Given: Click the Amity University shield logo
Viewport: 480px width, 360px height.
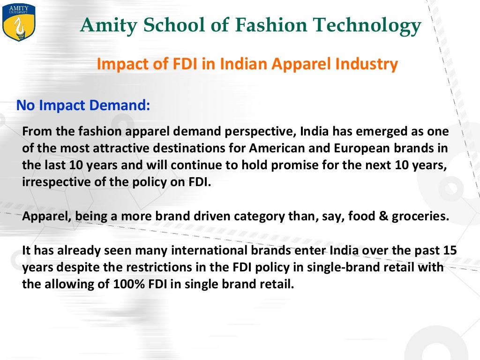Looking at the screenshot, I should [x=13, y=22].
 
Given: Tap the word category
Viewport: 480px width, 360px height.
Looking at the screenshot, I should [x=242, y=217].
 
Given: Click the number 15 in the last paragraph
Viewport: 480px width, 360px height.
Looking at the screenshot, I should [x=449, y=250].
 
